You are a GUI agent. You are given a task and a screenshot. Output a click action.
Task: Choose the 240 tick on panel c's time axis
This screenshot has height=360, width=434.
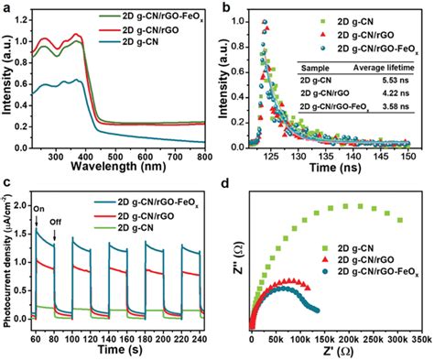[x=202, y=338]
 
